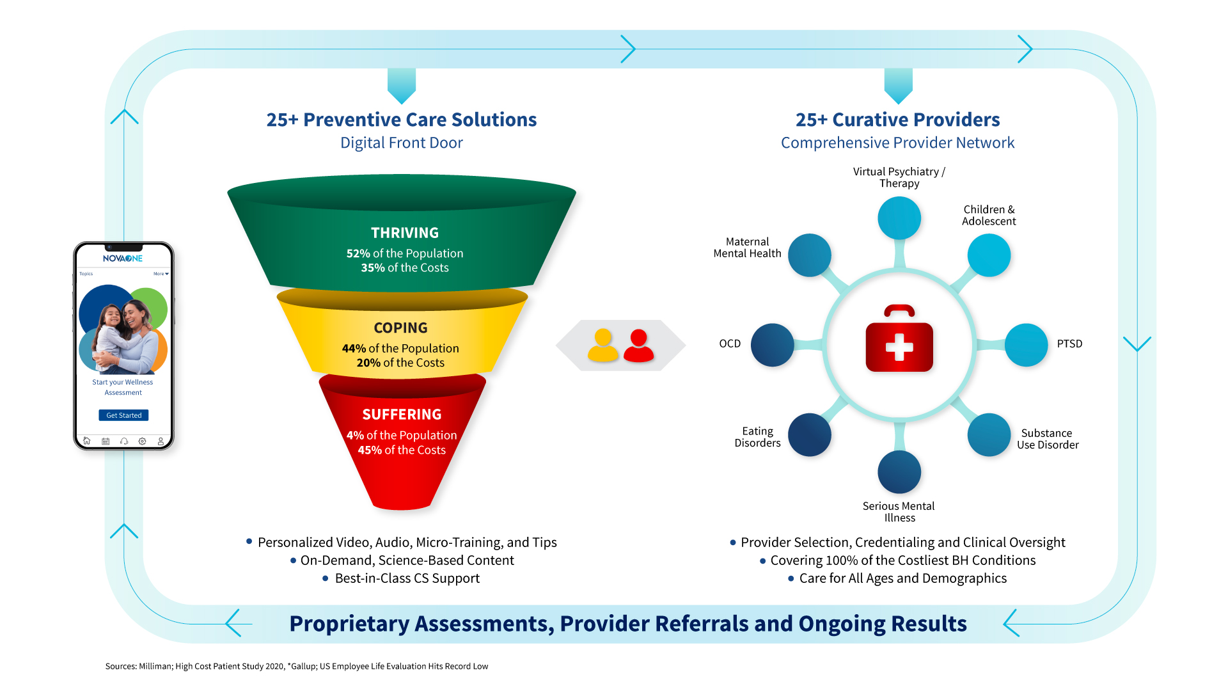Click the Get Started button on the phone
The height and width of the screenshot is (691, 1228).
click(123, 415)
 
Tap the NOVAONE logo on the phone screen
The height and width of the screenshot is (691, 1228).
click(123, 258)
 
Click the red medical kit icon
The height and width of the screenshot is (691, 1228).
click(899, 340)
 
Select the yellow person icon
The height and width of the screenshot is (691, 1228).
click(602, 345)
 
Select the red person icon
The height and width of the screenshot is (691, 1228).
click(638, 345)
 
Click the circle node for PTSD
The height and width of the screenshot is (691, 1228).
click(1026, 345)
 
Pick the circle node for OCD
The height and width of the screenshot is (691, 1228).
click(773, 345)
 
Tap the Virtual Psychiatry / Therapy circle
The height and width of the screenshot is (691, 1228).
click(899, 218)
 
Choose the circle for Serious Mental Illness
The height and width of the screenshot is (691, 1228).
click(899, 472)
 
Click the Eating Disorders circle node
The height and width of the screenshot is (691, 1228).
click(810, 435)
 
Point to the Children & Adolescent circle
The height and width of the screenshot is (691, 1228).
click(989, 255)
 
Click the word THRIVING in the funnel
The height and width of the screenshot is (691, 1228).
click(405, 233)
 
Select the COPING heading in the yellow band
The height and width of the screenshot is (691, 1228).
click(401, 328)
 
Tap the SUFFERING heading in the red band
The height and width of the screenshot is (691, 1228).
click(402, 415)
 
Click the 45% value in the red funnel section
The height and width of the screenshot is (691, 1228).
click(370, 450)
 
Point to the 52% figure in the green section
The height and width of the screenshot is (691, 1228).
click(358, 254)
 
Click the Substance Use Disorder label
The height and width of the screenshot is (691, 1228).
click(1048, 439)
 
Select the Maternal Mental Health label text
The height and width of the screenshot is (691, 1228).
click(747, 248)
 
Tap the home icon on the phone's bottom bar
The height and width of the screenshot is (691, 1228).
click(87, 441)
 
